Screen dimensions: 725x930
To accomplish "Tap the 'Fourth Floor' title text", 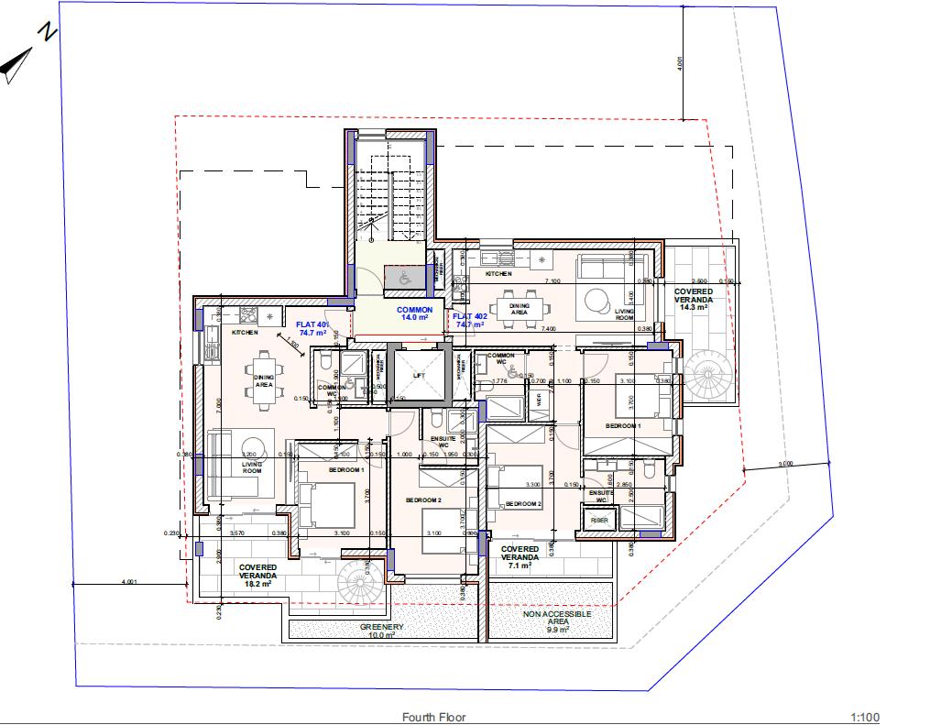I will click(x=433, y=718).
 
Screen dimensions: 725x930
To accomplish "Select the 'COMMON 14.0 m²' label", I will click(x=414, y=314).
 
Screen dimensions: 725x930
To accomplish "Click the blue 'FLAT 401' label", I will click(x=312, y=328).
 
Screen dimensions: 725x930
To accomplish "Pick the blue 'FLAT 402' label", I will click(x=468, y=321).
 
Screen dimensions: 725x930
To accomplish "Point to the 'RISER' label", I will click(x=599, y=520).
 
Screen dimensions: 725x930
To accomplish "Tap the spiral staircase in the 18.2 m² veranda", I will click(x=359, y=581).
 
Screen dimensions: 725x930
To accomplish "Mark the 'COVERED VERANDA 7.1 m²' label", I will click(x=520, y=557).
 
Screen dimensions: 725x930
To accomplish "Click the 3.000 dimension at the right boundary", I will click(x=785, y=465).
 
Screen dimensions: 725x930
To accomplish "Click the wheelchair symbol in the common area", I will click(x=403, y=275).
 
